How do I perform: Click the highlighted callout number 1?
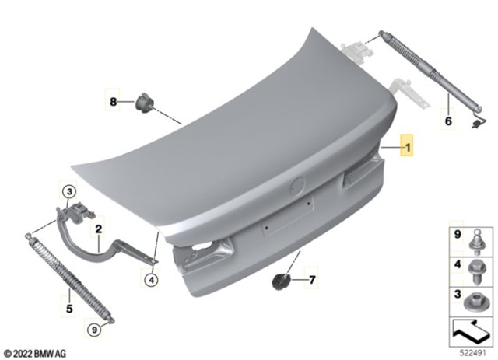(406, 145)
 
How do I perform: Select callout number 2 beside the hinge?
(99, 229)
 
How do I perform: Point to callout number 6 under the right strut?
(448, 121)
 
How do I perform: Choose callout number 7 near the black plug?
(314, 279)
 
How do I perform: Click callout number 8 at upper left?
(113, 102)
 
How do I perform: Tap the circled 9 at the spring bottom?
(94, 330)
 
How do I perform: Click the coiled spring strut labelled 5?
(66, 275)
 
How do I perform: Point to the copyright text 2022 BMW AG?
(34, 351)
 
